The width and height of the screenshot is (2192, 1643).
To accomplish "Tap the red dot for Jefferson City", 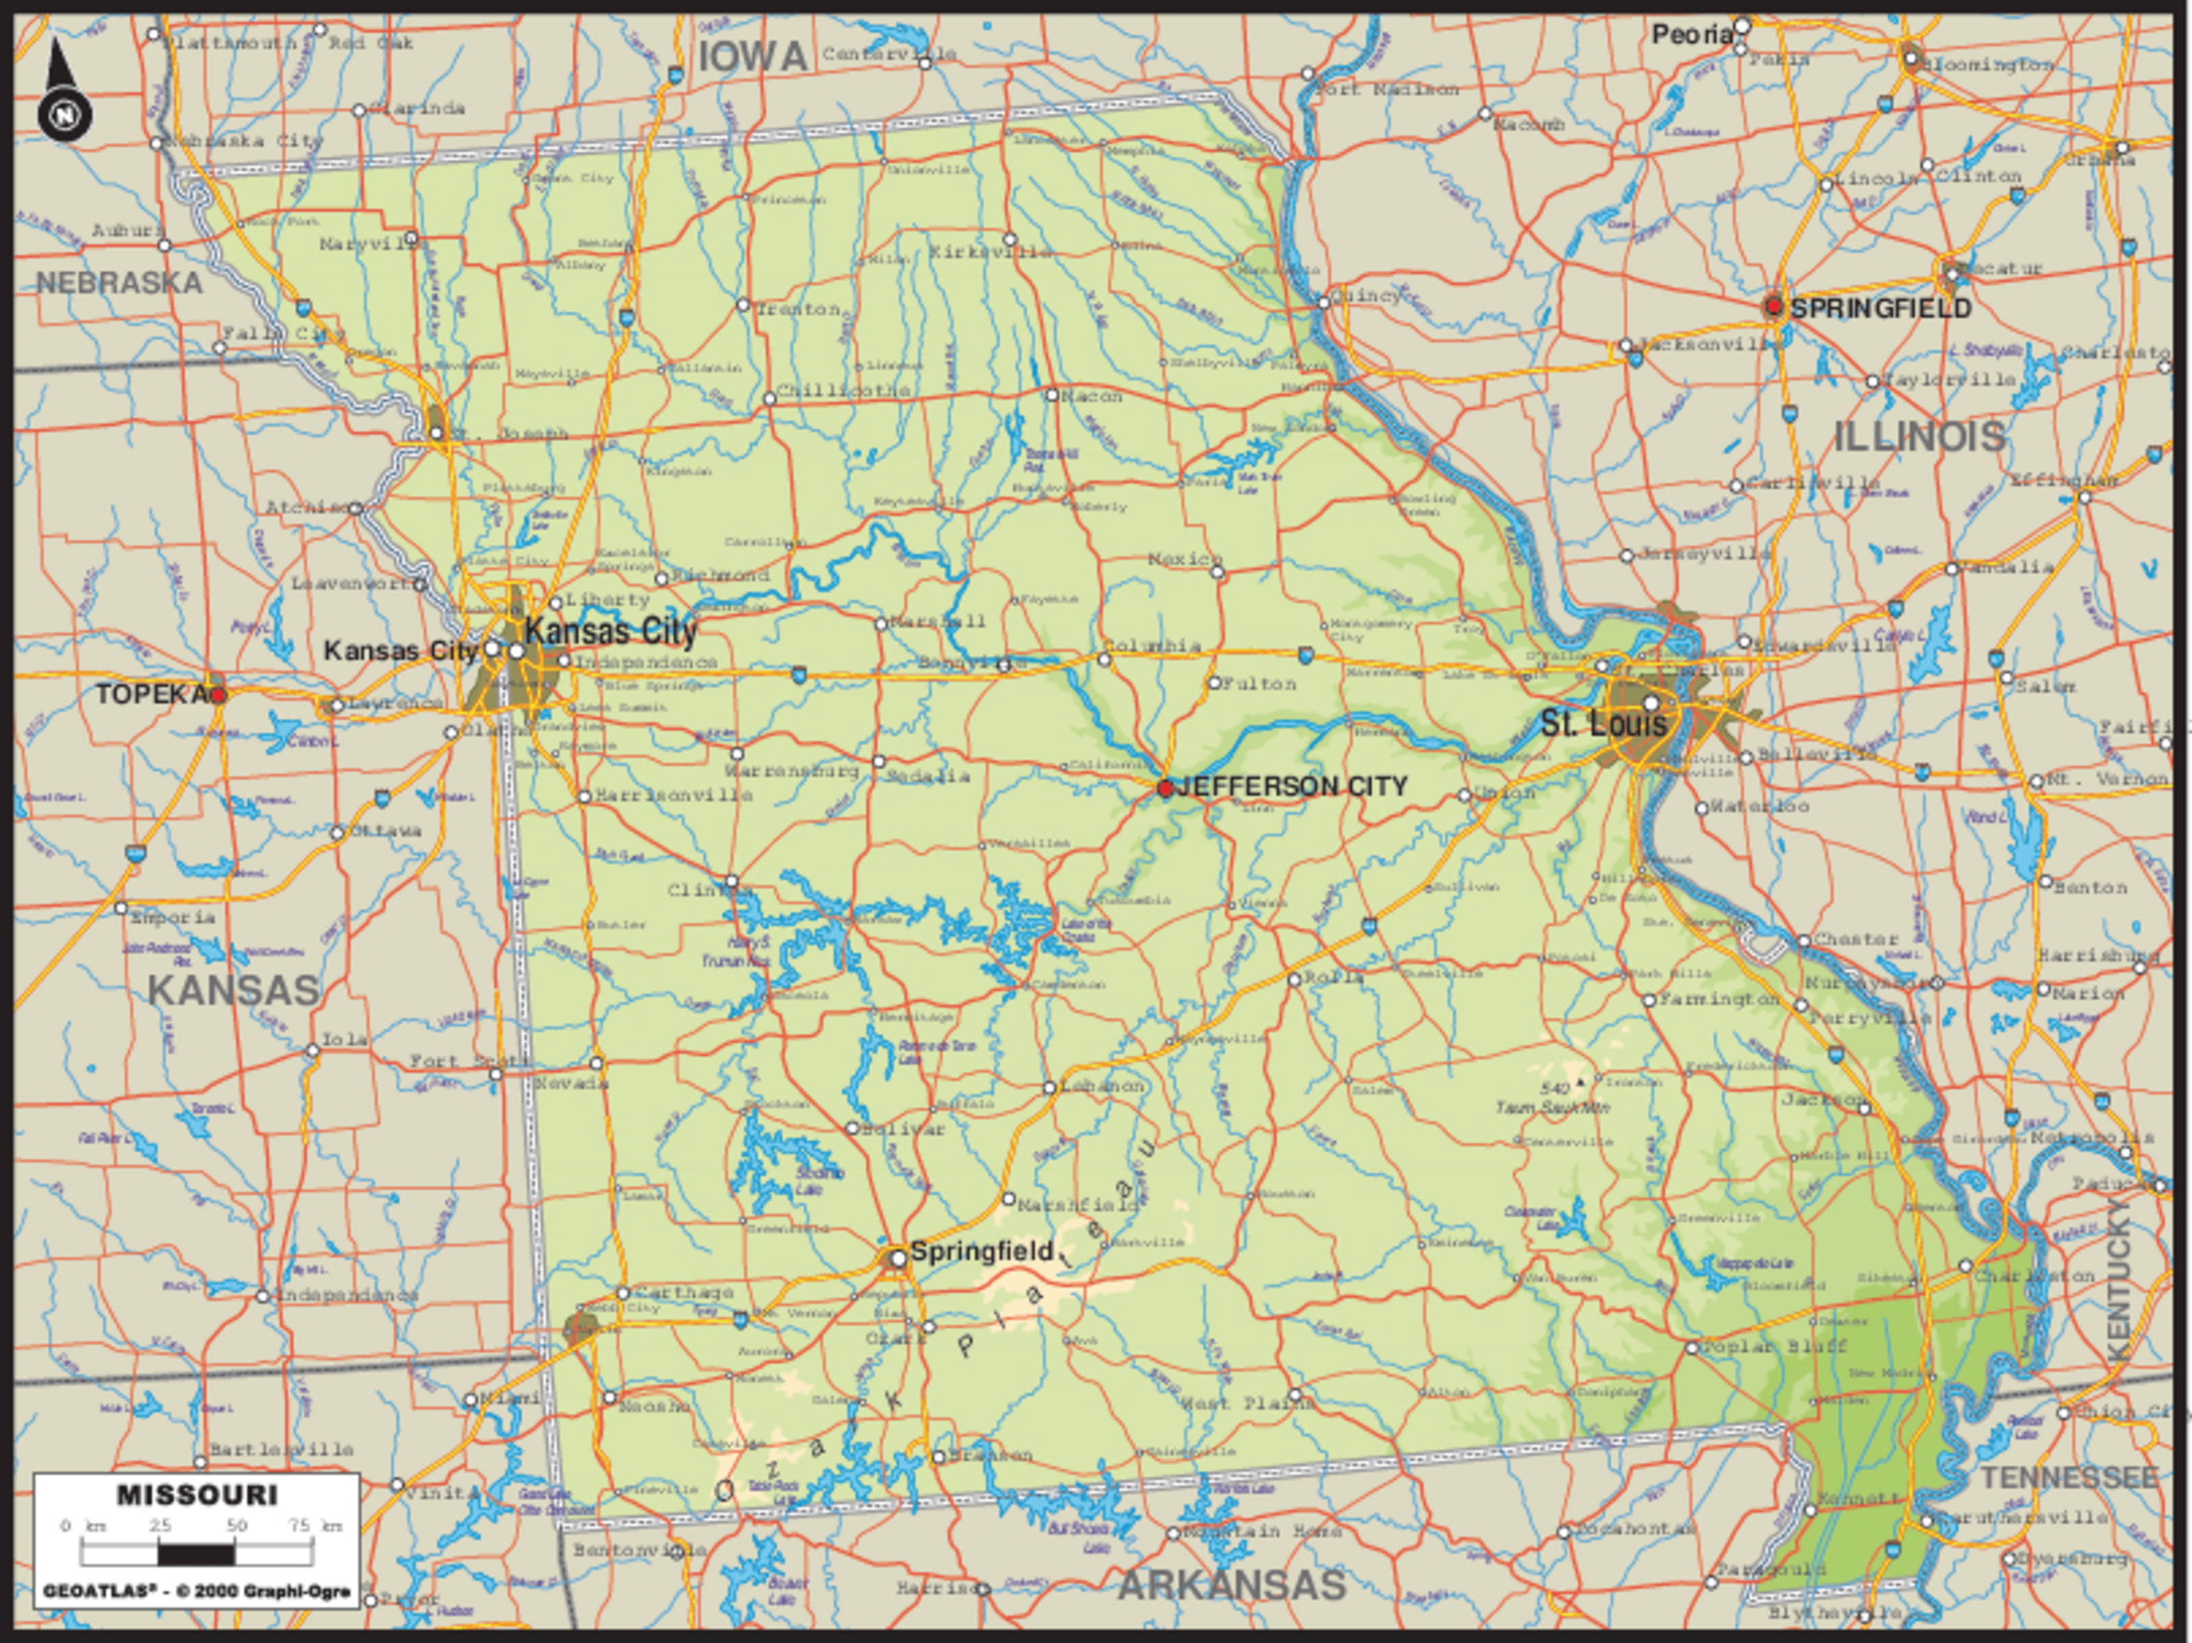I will pos(1165,788).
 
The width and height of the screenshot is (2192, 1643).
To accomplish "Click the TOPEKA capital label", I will pos(151,694).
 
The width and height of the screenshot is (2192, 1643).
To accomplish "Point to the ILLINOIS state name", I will pos(1919,437).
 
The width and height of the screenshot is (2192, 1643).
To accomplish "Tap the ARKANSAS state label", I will pos(1232,1585).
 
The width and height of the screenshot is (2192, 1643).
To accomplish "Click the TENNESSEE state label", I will pos(2069,1477).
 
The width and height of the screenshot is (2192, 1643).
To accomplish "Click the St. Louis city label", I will pos(1602,723).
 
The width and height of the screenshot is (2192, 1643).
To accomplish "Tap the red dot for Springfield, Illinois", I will pos(1774,308).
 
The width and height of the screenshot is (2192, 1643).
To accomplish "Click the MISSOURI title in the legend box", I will pos(197,1495).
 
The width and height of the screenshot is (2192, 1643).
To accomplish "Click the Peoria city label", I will pos(1691,35).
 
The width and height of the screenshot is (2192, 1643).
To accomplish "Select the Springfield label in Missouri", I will pos(981,1251).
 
